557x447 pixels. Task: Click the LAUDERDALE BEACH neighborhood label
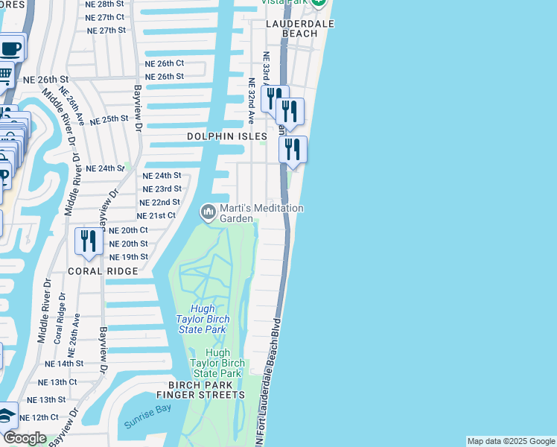coord(300,28)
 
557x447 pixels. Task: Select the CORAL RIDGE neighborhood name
coord(103,272)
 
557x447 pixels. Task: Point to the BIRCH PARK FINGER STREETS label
coord(200,389)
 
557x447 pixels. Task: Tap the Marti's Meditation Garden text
coord(261,214)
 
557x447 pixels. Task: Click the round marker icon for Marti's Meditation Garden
coord(208,213)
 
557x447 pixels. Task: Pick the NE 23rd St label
coord(162,189)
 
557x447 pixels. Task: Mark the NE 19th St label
coord(128,257)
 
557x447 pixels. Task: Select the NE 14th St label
coord(64,364)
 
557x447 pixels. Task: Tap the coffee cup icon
coord(10,48)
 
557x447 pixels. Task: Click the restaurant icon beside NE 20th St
coord(89,241)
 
